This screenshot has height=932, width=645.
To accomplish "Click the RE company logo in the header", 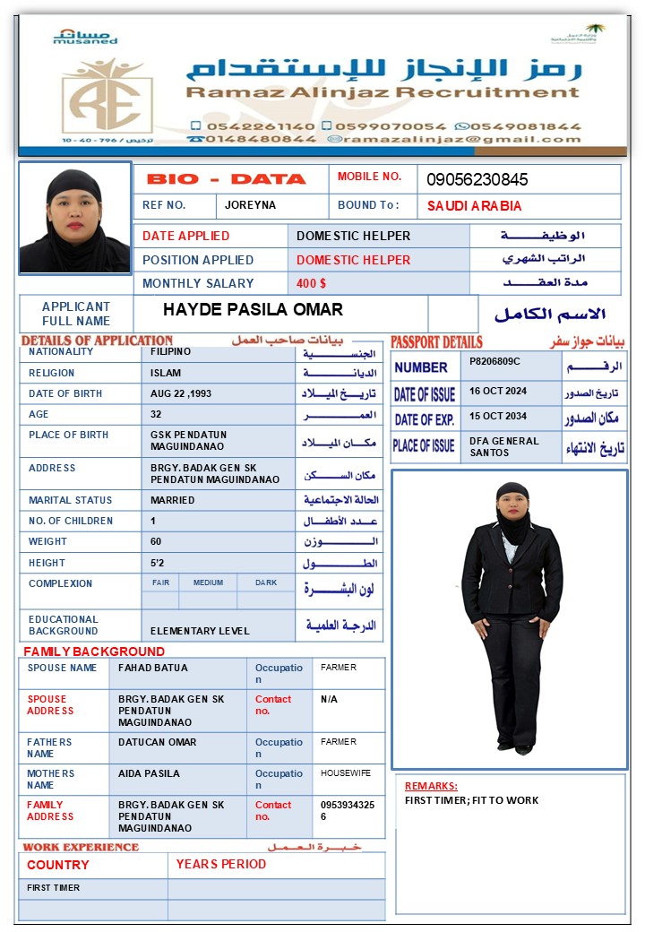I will (107, 97).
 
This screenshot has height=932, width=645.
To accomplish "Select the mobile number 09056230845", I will (477, 179).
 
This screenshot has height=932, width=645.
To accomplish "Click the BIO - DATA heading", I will (226, 179).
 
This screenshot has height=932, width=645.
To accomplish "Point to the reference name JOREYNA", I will (250, 205).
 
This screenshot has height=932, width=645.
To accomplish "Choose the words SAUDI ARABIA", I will (474, 206).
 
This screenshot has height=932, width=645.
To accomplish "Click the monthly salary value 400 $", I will (312, 283).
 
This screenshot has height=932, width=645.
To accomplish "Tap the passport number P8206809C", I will (494, 360).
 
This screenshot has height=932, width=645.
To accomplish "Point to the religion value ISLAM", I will (166, 373).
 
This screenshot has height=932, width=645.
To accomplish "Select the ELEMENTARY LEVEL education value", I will (200, 631).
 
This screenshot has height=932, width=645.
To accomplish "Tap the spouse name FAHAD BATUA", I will (153, 668).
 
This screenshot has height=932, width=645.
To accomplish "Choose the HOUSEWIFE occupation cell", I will (346, 772).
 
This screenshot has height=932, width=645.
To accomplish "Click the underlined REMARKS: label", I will (431, 786).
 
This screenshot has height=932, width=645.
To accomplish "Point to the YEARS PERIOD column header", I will (220, 864).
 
